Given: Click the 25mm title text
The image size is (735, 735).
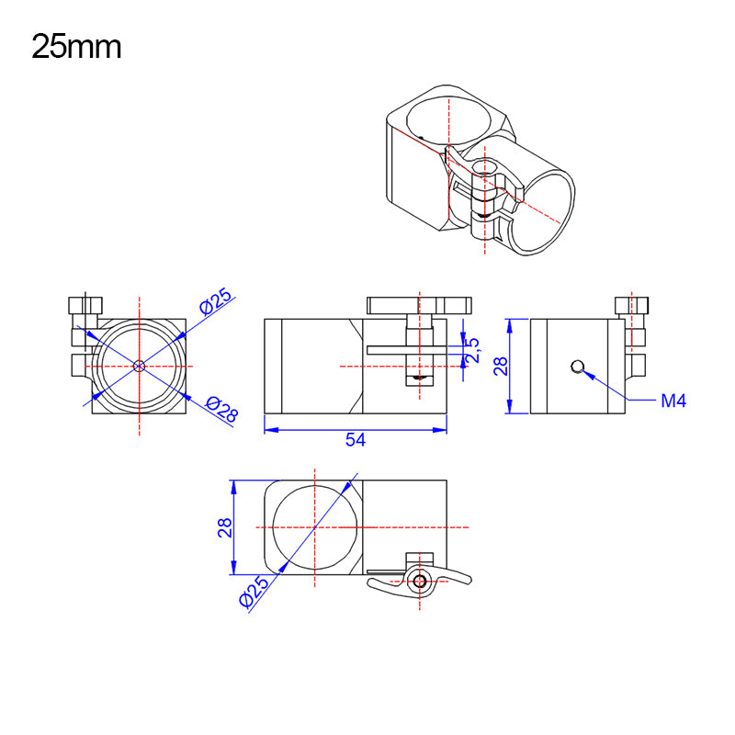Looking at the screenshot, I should (x=76, y=46).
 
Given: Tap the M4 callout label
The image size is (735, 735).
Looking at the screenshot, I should (x=674, y=401).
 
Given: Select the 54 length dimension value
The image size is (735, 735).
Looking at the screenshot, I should (x=356, y=441).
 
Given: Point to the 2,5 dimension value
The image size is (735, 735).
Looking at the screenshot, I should (x=473, y=346).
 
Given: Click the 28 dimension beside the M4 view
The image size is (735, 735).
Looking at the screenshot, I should (x=502, y=367).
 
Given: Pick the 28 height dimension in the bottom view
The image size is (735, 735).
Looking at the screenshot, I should (x=224, y=527).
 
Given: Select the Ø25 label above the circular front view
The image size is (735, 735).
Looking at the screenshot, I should (x=217, y=302).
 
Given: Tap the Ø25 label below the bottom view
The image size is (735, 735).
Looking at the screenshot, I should (x=254, y=594).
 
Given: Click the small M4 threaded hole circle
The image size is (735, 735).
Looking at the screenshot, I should (x=576, y=367).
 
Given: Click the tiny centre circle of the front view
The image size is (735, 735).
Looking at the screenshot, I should (x=139, y=365).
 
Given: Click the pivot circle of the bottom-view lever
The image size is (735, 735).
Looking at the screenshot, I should (x=420, y=581).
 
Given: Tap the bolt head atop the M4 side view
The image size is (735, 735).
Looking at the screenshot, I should (x=631, y=303).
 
